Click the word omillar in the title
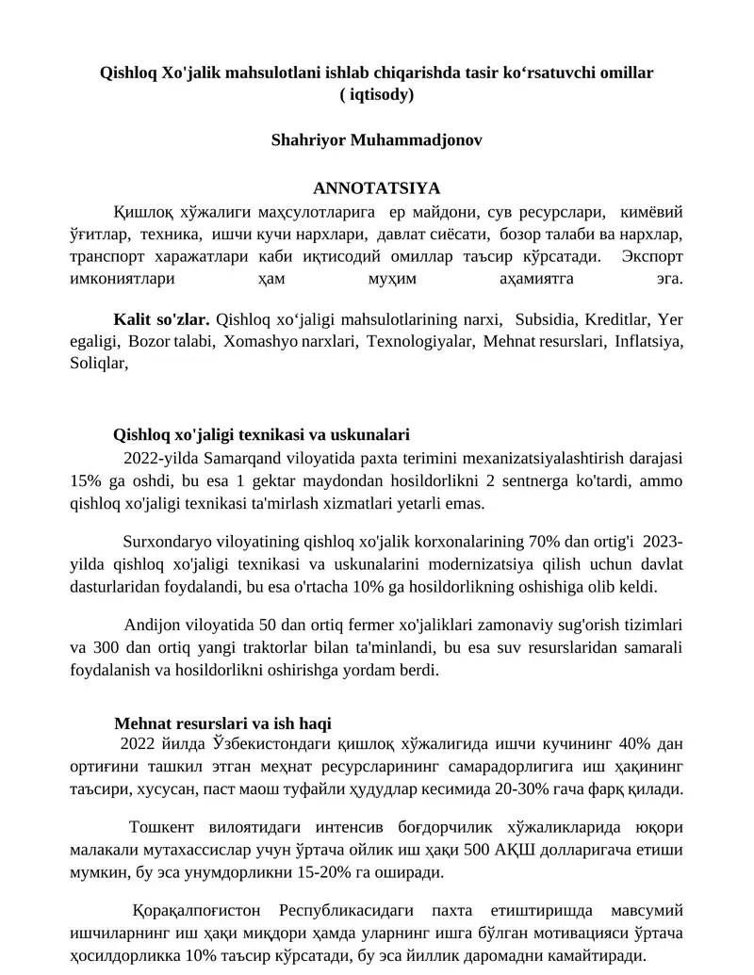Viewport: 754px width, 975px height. click(x=625, y=72)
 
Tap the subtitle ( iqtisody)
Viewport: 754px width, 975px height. click(x=376, y=94)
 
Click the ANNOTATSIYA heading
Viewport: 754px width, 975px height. click(x=376, y=187)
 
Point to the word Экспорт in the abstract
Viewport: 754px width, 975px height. click(x=652, y=256)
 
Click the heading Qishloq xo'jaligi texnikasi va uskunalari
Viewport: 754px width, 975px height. click(x=261, y=434)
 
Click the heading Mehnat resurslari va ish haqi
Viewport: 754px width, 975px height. click(x=222, y=723)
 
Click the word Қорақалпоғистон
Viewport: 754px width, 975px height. click(x=198, y=913)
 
